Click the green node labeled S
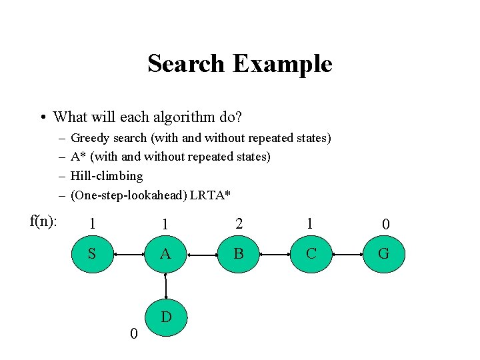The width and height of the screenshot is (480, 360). [x=92, y=254]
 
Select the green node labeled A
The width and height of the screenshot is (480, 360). [x=165, y=254]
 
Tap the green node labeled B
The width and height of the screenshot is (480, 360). [x=238, y=254]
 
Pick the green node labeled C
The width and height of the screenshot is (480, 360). [x=311, y=254]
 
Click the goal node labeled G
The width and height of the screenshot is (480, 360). [x=383, y=254]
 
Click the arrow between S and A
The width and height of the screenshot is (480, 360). [x=128, y=254]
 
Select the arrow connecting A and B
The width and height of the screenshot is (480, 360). [x=201, y=254]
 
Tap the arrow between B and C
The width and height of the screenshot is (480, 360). [x=274, y=254]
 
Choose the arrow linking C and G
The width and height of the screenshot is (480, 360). [x=347, y=254]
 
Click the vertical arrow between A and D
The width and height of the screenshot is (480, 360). [x=165, y=285]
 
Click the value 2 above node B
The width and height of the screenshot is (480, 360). [x=238, y=225]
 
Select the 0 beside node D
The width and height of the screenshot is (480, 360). [x=133, y=333]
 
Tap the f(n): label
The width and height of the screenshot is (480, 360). [x=44, y=221]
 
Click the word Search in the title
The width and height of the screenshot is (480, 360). [x=186, y=64]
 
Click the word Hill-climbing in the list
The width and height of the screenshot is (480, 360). [x=107, y=176]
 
